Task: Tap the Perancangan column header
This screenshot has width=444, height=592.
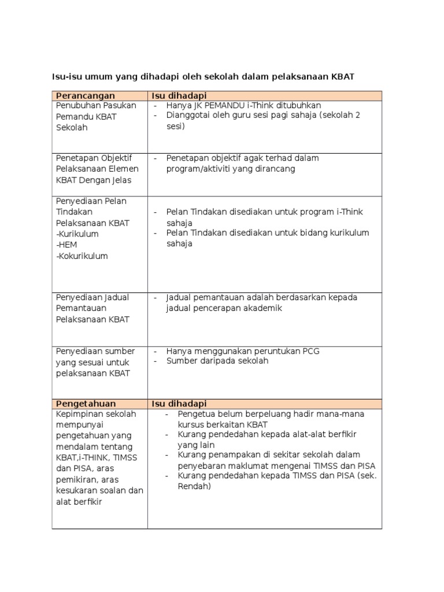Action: pos(85,95)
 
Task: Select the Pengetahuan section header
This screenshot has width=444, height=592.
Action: pos(86,404)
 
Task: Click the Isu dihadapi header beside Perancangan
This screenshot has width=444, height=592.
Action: pos(179,95)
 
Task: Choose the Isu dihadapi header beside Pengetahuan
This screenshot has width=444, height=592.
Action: pos(179,404)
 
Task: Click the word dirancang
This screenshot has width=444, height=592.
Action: pos(275,169)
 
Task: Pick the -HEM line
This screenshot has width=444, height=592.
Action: pos(66,245)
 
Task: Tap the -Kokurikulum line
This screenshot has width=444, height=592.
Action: pos(82,256)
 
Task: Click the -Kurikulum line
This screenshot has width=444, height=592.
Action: pos(77,234)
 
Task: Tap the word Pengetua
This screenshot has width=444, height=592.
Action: pos(197,414)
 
